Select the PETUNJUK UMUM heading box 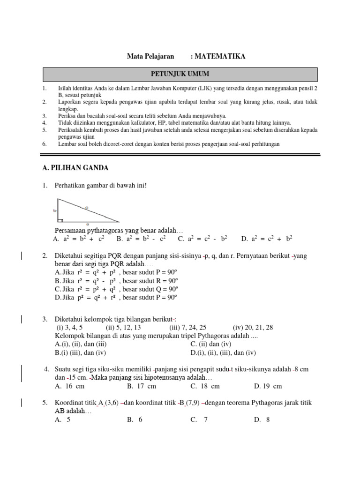coord(180,74)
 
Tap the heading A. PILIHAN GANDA coord(75,168)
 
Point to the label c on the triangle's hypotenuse coord(87,208)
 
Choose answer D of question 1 coord(266,239)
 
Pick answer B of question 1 coord(141,239)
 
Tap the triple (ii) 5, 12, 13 coord(123,328)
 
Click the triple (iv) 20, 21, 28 coord(253,328)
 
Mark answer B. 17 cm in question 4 coord(142,386)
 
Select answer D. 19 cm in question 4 coord(268,386)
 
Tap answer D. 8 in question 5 coord(262,420)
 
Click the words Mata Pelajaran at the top coord(150,56)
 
